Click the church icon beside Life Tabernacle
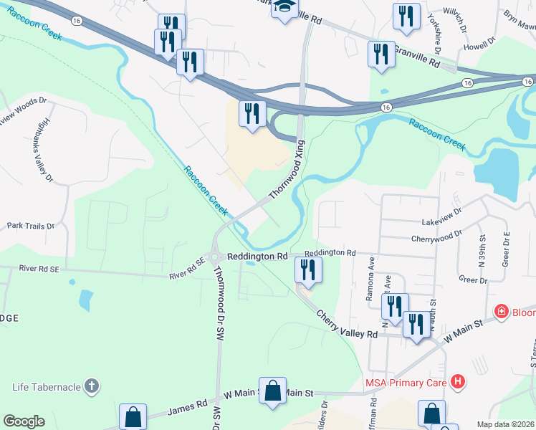91,387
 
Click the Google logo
24,421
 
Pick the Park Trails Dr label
31,226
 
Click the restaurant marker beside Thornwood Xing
252,115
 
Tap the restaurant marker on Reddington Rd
308,269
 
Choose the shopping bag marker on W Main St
272,391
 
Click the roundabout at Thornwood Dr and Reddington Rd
214,255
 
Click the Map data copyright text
505,424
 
